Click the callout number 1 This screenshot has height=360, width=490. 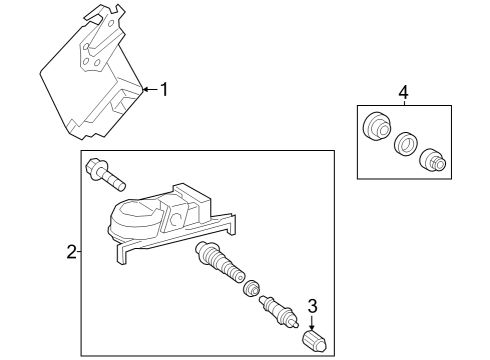click(164, 89)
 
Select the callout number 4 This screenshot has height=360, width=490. click(404, 93)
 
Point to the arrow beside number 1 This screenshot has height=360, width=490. click(148, 89)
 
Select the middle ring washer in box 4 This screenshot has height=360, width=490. click(405, 145)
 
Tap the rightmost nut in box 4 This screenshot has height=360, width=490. click(432, 160)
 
